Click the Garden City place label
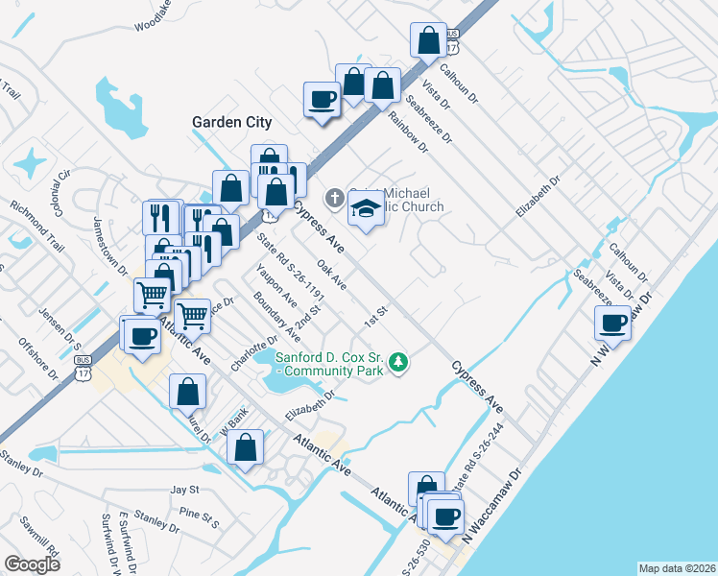coord(231,122)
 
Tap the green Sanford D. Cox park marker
coord(399,363)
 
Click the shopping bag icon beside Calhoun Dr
coord(427,40)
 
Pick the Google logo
coord(32,564)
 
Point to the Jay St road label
coord(183,490)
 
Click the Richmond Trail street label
coord(37,220)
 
